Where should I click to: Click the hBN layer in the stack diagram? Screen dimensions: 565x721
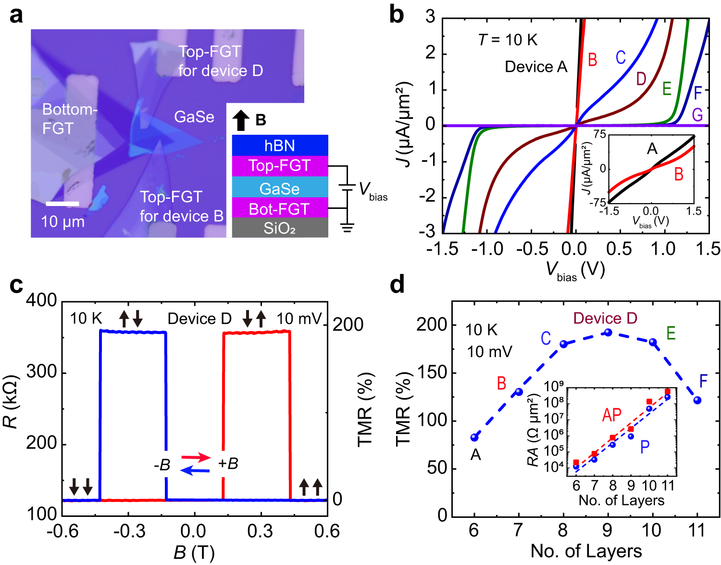(280, 145)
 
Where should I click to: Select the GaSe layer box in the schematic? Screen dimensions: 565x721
(280, 188)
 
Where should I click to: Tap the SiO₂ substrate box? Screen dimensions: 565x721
(280, 228)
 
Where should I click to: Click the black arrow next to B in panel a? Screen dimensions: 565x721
(241, 120)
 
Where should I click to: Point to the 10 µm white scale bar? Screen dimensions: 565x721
(62, 204)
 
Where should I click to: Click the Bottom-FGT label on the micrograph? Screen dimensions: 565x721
(69, 119)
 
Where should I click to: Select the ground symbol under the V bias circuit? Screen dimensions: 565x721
(347, 227)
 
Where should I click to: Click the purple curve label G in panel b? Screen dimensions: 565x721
(697, 115)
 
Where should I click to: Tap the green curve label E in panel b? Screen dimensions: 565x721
(667, 89)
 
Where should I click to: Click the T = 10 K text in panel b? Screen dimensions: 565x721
(508, 40)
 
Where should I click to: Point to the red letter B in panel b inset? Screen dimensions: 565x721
(678, 174)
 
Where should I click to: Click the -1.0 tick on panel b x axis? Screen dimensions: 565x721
(487, 248)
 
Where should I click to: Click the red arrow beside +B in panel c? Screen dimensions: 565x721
(196, 457)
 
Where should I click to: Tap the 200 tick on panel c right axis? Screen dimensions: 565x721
(348, 325)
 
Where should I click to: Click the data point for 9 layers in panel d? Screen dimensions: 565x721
(608, 333)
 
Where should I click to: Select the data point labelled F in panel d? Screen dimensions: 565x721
(697, 400)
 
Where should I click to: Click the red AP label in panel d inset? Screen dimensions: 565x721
(611, 415)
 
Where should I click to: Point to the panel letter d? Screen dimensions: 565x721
(397, 285)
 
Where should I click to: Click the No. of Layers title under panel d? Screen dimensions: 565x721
(586, 551)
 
